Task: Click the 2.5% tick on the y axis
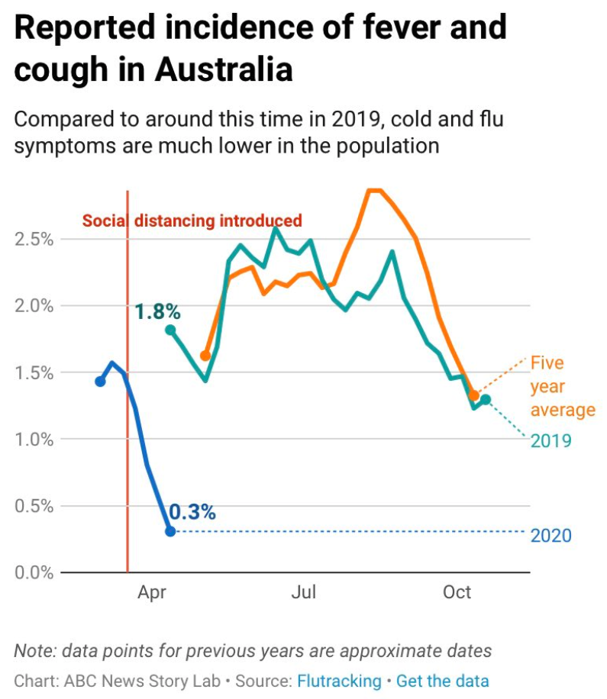[x=34, y=239]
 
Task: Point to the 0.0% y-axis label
[x=34, y=572]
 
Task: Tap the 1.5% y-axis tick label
[x=34, y=373]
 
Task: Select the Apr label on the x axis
[x=152, y=593]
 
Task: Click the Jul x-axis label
[x=303, y=593]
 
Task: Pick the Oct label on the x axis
[x=457, y=593]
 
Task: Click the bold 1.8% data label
[x=157, y=311]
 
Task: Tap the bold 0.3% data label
[x=192, y=513]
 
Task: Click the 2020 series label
[x=550, y=536]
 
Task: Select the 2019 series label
[x=550, y=441]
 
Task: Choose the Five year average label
[x=562, y=387]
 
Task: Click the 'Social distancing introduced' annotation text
[x=192, y=221]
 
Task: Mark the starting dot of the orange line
[x=205, y=356]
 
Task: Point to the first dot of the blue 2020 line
[x=100, y=381]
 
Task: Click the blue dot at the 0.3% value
[x=170, y=531]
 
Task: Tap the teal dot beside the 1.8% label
[x=170, y=330]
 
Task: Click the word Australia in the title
[x=224, y=69]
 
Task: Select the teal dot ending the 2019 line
[x=486, y=400]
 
